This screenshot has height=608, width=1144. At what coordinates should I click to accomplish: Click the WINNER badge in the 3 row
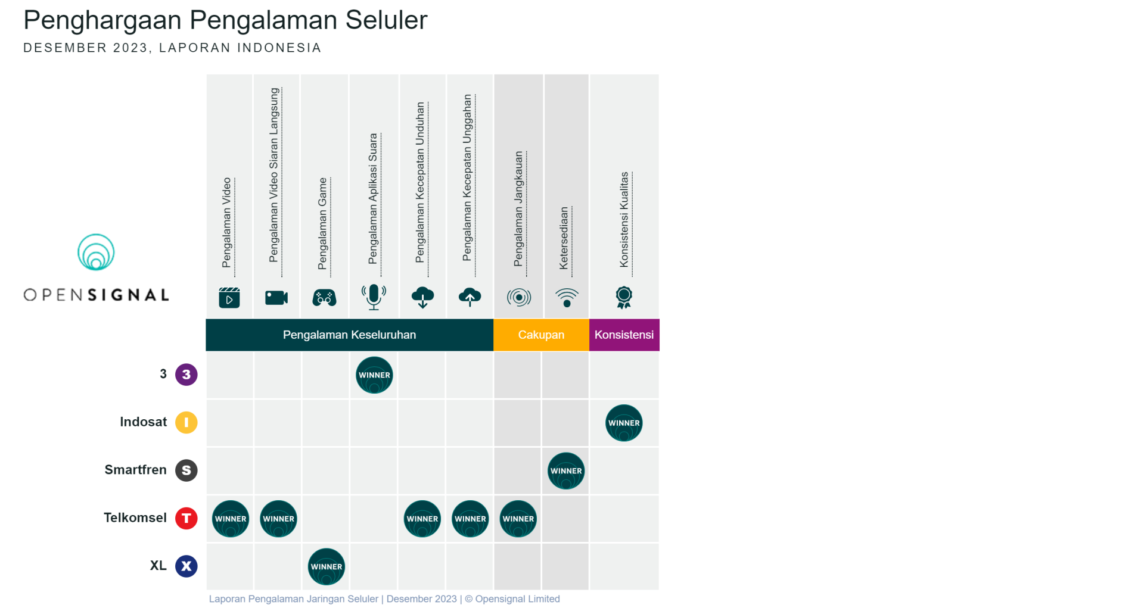(x=374, y=375)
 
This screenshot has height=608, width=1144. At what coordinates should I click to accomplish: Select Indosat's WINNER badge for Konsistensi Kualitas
(x=624, y=423)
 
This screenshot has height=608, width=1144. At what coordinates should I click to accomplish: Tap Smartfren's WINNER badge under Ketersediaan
(x=566, y=471)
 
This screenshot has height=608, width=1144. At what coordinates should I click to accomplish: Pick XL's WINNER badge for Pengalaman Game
(x=327, y=566)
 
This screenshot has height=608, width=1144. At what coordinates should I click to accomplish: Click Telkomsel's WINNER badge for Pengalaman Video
(x=231, y=519)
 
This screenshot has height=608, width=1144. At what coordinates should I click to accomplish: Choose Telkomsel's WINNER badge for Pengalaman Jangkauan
(x=518, y=519)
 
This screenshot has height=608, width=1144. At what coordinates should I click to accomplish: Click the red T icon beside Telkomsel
(x=186, y=518)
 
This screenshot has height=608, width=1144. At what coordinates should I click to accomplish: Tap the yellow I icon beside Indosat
(x=186, y=422)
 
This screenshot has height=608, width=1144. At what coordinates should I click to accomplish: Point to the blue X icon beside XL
(x=186, y=566)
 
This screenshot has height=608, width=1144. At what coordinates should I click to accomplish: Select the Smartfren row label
(x=136, y=470)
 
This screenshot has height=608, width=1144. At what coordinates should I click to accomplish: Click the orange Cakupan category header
(x=541, y=335)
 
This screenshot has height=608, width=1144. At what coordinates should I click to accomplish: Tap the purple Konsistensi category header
(x=624, y=335)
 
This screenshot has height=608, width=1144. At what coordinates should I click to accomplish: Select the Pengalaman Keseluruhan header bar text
(x=349, y=335)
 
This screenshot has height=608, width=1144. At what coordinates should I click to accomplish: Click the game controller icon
(x=325, y=297)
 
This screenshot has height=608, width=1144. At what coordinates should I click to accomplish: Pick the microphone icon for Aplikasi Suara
(x=374, y=297)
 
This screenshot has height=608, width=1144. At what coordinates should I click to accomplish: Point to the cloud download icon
(x=422, y=297)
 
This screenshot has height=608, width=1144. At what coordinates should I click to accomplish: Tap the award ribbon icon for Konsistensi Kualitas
(x=624, y=297)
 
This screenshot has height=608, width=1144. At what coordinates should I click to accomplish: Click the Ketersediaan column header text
(x=564, y=238)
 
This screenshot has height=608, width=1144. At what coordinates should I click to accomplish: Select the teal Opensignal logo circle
(x=96, y=252)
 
